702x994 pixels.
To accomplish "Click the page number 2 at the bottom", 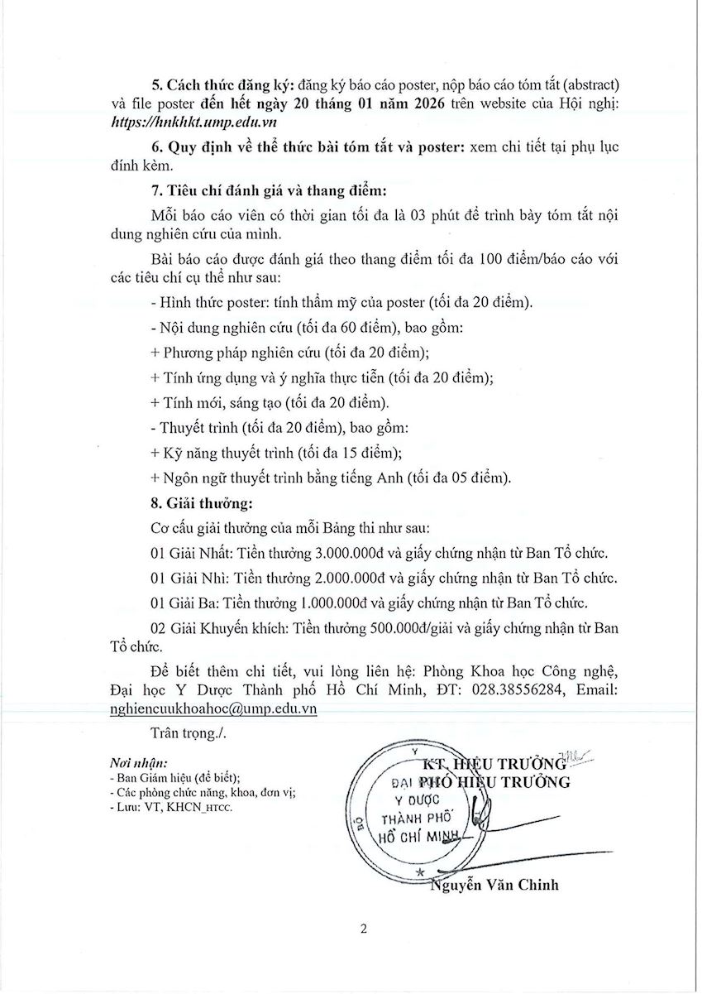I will click(363, 929).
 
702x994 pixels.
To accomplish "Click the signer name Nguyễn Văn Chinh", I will click(494, 885).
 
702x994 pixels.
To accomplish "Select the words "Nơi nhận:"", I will click(138, 761).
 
